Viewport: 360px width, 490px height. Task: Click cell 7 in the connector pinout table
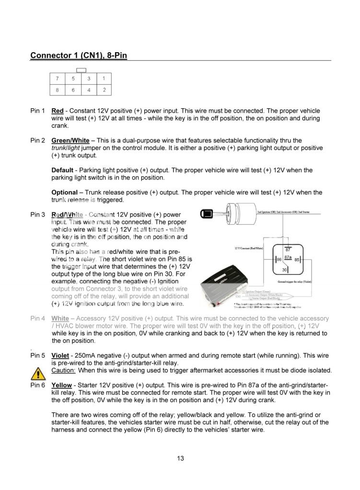58,78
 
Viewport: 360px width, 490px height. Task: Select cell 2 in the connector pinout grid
104,90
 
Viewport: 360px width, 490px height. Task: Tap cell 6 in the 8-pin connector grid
73,90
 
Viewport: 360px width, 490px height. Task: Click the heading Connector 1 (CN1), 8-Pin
79,56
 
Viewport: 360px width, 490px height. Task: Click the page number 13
180,458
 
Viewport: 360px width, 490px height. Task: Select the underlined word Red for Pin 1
58,111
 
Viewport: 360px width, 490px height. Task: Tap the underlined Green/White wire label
70,140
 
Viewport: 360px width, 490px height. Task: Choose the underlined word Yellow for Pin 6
61,385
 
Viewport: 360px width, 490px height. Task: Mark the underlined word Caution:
63,371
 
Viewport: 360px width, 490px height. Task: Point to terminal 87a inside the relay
288,257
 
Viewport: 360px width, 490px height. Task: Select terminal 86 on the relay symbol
278,259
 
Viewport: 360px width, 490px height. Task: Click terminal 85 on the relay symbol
297,259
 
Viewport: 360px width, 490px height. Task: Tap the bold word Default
62,170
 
